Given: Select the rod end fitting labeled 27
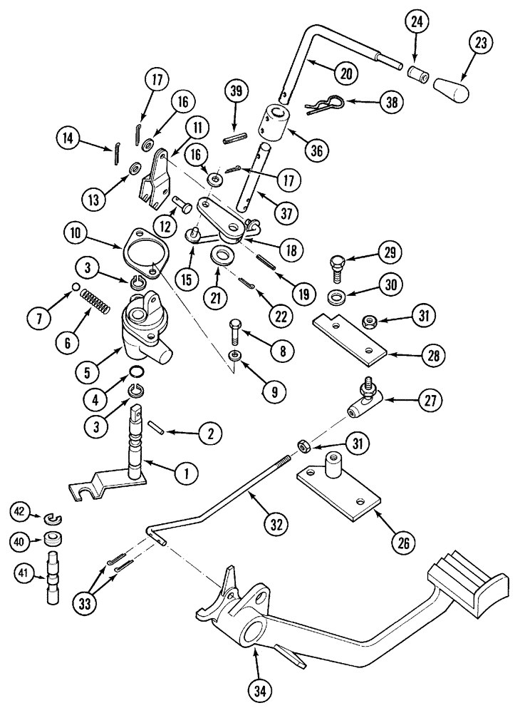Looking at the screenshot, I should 363,407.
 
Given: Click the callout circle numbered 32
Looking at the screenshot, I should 276,523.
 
